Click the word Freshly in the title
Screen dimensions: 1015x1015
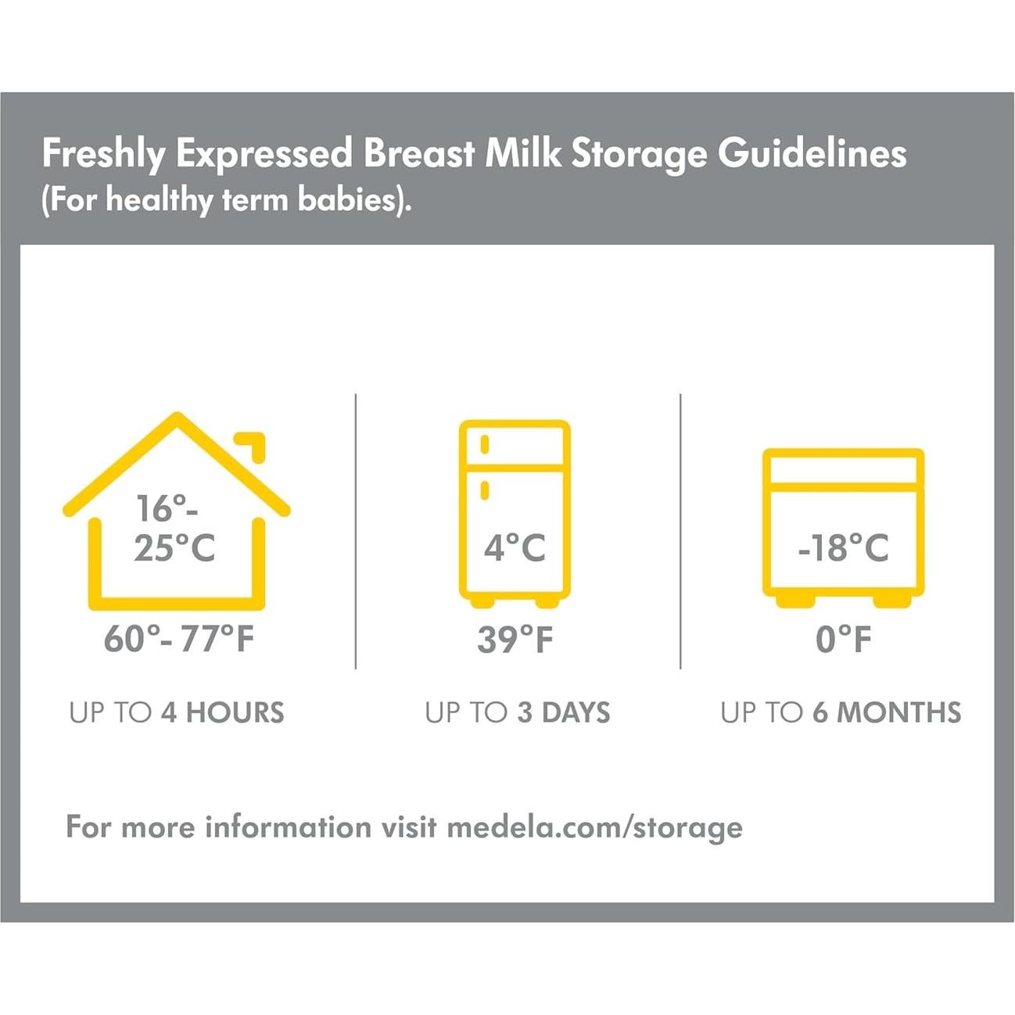click(x=103, y=153)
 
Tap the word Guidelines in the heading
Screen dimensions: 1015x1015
click(x=812, y=153)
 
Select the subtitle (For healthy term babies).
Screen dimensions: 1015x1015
click(x=226, y=200)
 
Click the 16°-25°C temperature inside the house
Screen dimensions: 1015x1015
click(x=174, y=529)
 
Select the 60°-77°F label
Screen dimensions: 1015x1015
click(x=179, y=639)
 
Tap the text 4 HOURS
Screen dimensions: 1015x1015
click(x=223, y=712)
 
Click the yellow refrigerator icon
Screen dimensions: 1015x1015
click(x=515, y=512)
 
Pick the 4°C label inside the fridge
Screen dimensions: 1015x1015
click(x=515, y=547)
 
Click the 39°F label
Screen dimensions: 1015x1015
click(x=515, y=640)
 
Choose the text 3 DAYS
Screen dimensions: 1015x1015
click(x=564, y=712)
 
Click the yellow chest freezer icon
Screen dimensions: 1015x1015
click(x=843, y=525)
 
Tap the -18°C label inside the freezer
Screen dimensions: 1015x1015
click(x=843, y=548)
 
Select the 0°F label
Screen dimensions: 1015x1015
click(x=843, y=640)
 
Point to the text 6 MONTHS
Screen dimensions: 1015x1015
click(x=887, y=712)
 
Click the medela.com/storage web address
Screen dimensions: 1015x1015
click(x=594, y=827)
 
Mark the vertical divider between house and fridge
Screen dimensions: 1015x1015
click(x=356, y=532)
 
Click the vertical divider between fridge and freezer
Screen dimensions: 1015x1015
click(x=680, y=532)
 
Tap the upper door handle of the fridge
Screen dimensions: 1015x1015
click(x=485, y=444)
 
